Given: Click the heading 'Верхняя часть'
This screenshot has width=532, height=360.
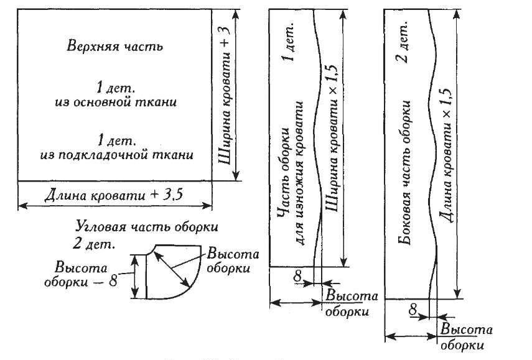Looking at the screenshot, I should [x=114, y=46].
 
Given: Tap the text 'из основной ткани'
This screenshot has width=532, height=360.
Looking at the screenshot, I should [x=115, y=102].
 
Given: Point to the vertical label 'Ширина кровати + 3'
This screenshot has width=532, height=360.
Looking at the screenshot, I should [x=227, y=93].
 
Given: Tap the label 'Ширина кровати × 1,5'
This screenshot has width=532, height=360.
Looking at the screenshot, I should [x=335, y=149].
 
